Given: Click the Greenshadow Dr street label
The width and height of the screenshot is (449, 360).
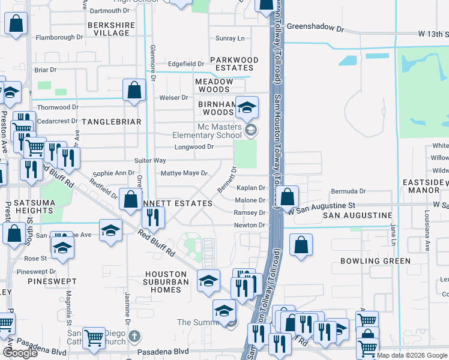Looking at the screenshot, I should click(315, 28).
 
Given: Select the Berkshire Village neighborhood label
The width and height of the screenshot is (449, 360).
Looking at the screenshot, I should click(109, 29).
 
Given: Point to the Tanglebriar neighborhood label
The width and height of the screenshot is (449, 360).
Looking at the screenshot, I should click(111, 122).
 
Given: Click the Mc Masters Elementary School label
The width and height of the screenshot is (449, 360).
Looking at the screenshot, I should click(220, 131).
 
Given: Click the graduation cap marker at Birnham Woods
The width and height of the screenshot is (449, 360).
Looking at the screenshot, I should click(246, 108).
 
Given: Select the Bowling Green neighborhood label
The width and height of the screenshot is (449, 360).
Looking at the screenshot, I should click(375, 261).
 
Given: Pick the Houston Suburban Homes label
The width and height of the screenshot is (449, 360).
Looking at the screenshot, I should click(162, 282).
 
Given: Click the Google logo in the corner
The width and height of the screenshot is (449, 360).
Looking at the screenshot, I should click(20, 353).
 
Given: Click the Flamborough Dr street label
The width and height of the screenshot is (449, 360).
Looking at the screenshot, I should click(59, 37).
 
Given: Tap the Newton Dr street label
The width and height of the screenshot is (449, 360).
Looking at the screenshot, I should click(249, 225).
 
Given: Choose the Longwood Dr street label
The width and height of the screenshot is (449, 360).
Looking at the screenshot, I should click(194, 147).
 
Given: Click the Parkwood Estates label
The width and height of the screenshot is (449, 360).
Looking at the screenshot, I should click(234, 64).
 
